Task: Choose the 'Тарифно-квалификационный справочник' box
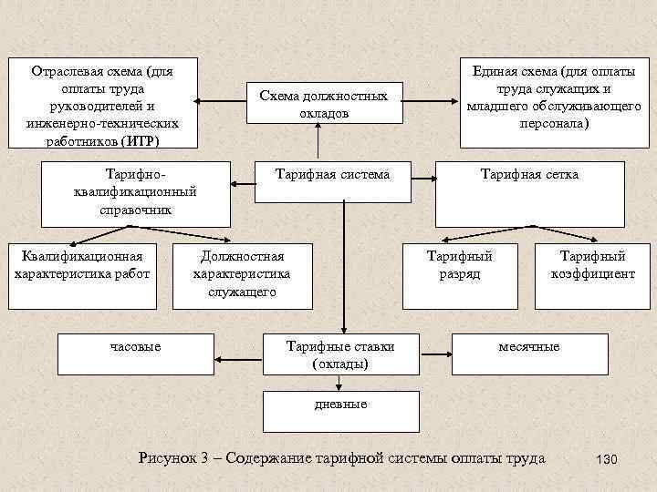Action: tap(136, 192)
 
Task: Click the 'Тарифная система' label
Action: tap(334, 174)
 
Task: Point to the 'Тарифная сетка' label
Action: tap(529, 174)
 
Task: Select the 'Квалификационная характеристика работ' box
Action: tap(83, 265)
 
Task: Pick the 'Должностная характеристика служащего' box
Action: tap(242, 274)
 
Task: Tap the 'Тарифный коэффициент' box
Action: tap(592, 265)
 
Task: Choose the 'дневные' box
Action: tap(340, 410)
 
